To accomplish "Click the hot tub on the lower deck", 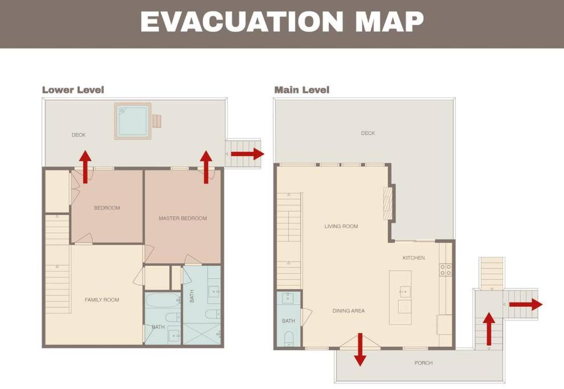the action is [x=133, y=121].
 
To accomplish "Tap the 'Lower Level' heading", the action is [x=73, y=90].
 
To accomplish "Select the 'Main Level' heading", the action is [x=302, y=90].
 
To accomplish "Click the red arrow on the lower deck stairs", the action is [x=247, y=154].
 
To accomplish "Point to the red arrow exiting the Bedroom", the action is [x=85, y=167].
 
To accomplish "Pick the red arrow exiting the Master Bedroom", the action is [x=206, y=167].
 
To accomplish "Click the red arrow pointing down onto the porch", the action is [x=360, y=350].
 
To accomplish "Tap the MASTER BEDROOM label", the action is [x=183, y=218].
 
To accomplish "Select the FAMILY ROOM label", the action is [x=102, y=300].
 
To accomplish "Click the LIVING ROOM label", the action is [x=341, y=227].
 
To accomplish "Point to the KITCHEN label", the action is [x=414, y=258].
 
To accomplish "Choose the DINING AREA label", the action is [x=349, y=311].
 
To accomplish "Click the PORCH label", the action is [x=423, y=363].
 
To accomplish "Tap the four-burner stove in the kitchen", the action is [x=446, y=269].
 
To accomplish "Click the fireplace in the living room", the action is [x=388, y=203].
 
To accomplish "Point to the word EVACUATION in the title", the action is [x=242, y=22].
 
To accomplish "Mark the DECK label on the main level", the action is [x=368, y=133].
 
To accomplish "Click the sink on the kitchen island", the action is [x=404, y=292].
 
